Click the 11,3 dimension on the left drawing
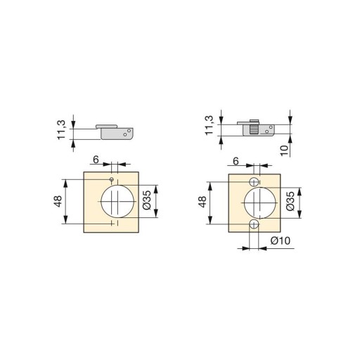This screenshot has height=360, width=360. [x=61, y=130]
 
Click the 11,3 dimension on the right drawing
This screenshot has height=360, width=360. [x=209, y=125]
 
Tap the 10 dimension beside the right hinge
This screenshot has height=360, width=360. [x=284, y=150]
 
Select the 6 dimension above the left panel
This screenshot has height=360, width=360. [x=96, y=160]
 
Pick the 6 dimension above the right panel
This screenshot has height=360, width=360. [x=236, y=161]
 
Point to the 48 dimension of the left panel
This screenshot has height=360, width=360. [x=58, y=201]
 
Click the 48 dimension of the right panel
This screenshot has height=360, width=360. [x=202, y=202]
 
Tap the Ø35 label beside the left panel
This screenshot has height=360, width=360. [x=147, y=200]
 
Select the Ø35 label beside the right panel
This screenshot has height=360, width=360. [x=290, y=201]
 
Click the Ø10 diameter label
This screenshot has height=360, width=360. [x=281, y=240]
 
